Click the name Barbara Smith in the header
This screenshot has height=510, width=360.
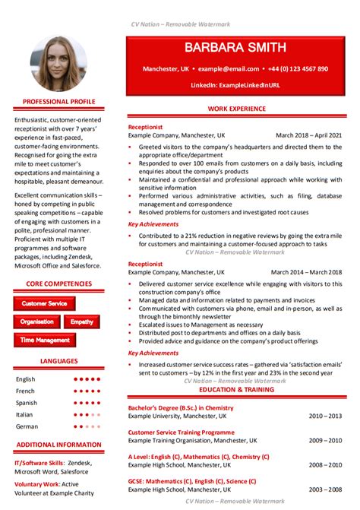tap(235, 49)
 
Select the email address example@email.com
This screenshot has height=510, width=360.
tap(218, 69)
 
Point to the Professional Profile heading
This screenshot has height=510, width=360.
tap(58, 101)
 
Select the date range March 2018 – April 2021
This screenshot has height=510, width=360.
tap(308, 135)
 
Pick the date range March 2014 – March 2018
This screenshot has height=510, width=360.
tap(306, 271)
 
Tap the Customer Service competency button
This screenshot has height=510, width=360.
tap(44, 303)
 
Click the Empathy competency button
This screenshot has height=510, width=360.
tap(82, 322)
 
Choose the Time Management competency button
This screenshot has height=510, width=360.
tap(44, 341)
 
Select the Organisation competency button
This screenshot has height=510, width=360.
tap(36, 322)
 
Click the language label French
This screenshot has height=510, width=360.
tap(26, 391)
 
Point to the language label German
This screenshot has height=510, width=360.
tap(27, 426)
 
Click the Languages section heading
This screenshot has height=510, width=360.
tap(58, 361)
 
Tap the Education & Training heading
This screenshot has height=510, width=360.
tap(235, 389)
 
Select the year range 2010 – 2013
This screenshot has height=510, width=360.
tap(325, 417)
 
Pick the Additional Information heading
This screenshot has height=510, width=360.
tap(58, 445)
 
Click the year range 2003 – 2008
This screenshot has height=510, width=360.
tap(325, 489)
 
